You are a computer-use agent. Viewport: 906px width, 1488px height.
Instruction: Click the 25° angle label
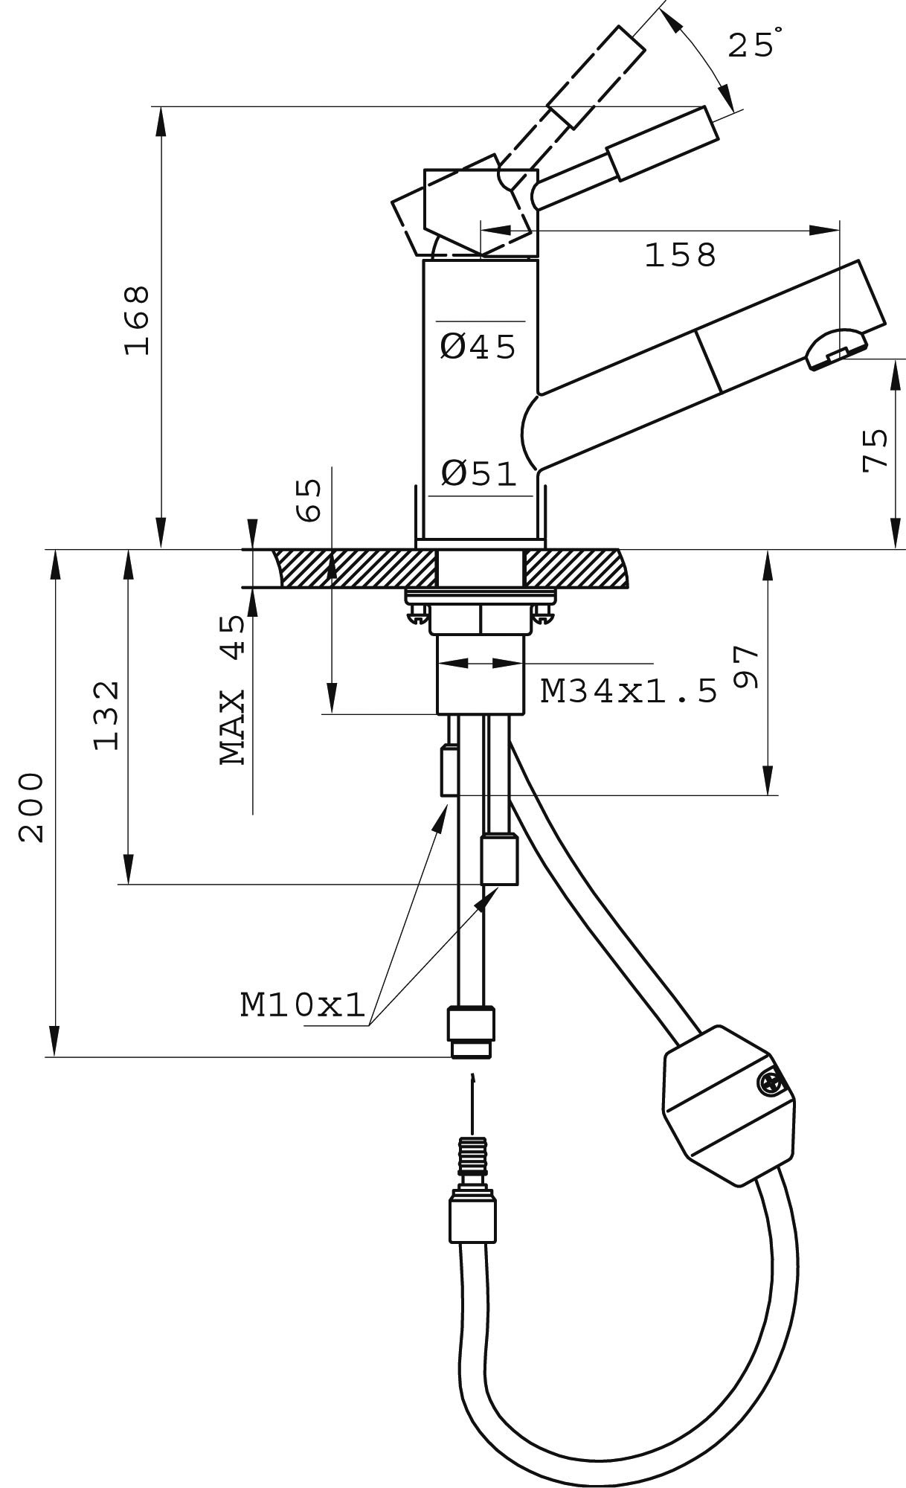pos(753,46)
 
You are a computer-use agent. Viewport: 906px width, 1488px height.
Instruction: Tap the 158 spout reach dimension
pos(680,255)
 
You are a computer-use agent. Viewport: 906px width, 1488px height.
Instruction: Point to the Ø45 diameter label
pos(478,347)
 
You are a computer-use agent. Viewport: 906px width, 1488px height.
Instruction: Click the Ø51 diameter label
pos(478,474)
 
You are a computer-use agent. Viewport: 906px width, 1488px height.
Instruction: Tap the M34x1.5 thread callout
pos(629,692)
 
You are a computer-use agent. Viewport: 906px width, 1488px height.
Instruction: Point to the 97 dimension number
pos(746,667)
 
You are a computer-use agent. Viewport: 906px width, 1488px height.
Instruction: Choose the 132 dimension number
pos(106,714)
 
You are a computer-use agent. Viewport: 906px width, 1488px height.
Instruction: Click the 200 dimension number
pos(32,807)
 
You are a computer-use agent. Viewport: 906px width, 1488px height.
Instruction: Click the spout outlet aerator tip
pos(836,350)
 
